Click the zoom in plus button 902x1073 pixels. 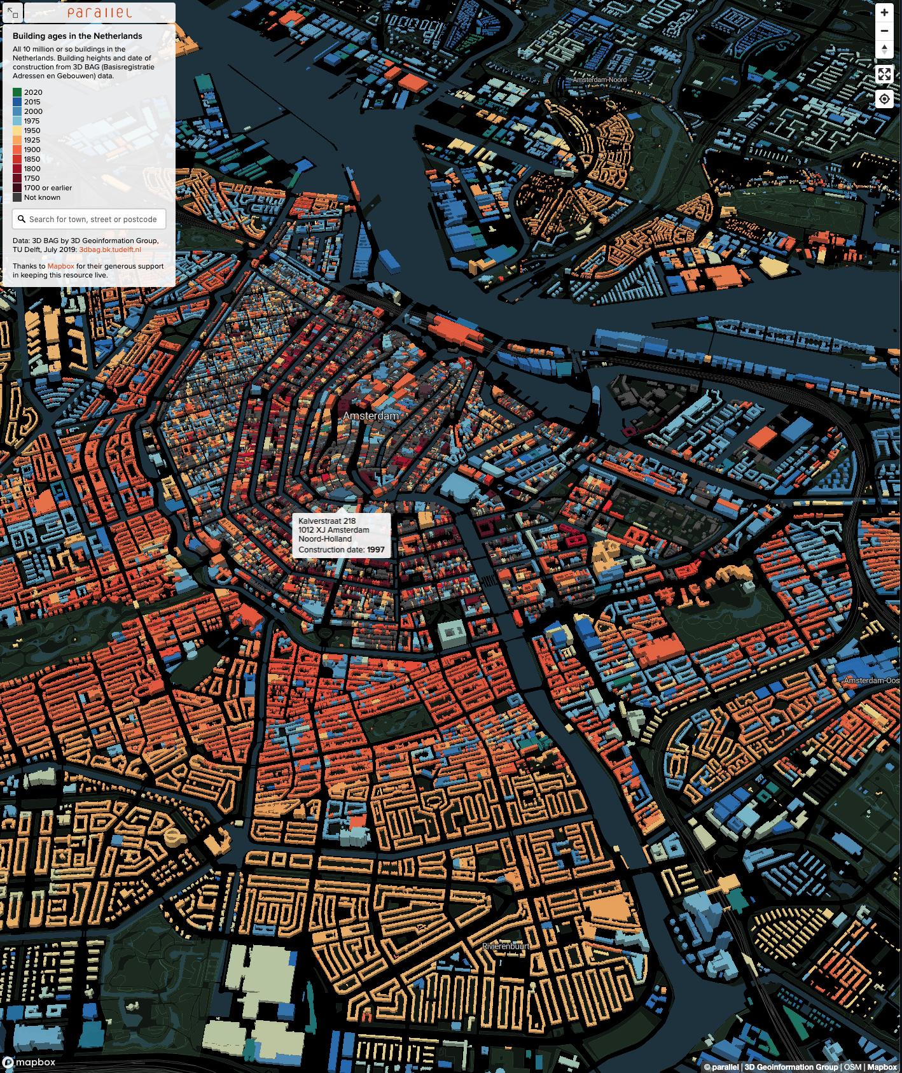pyautogui.click(x=884, y=13)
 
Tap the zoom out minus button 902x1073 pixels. pyautogui.click(x=884, y=31)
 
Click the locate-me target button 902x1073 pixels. pyautogui.click(x=884, y=99)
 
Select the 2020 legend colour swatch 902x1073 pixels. pyautogui.click(x=17, y=92)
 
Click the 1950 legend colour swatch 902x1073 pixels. pyautogui.click(x=17, y=130)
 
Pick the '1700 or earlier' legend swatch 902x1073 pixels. pyautogui.click(x=17, y=188)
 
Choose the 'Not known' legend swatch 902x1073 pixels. pyautogui.click(x=17, y=197)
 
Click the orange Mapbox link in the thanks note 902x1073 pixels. pyautogui.click(x=61, y=266)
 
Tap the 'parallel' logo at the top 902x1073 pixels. pyautogui.click(x=99, y=13)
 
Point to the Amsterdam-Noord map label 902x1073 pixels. pyautogui.click(x=599, y=80)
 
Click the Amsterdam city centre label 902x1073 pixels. pyautogui.click(x=371, y=416)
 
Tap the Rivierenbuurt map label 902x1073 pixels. pyautogui.click(x=506, y=946)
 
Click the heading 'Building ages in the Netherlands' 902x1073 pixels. pyautogui.click(x=78, y=36)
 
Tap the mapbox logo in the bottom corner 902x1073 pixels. pyautogui.click(x=29, y=1062)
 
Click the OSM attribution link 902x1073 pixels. pyautogui.click(x=852, y=1067)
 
